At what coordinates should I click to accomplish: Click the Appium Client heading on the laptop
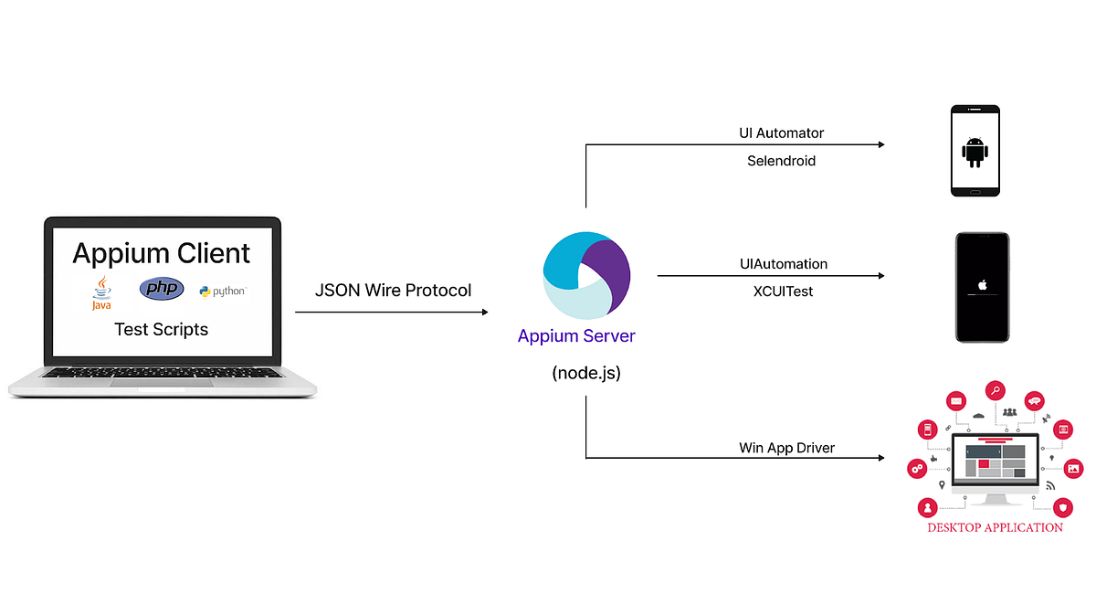click(162, 252)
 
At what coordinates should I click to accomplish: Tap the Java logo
click(100, 292)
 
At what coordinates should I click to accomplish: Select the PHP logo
click(162, 289)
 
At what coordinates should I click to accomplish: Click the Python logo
click(222, 292)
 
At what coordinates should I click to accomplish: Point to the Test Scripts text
click(162, 329)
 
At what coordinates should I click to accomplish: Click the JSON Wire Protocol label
click(393, 291)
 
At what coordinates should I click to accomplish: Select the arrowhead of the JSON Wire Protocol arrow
click(484, 313)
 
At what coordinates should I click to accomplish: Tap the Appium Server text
click(576, 335)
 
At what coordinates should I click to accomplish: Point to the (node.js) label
click(585, 373)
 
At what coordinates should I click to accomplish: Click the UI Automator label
click(781, 133)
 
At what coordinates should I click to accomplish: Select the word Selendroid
click(781, 160)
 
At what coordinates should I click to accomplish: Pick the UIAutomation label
click(783, 264)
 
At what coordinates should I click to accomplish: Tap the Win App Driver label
click(786, 448)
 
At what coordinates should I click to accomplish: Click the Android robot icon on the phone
click(975, 152)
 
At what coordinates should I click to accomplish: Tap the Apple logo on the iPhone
click(982, 284)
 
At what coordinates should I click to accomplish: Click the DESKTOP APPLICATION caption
click(995, 527)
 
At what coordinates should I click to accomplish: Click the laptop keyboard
click(162, 375)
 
